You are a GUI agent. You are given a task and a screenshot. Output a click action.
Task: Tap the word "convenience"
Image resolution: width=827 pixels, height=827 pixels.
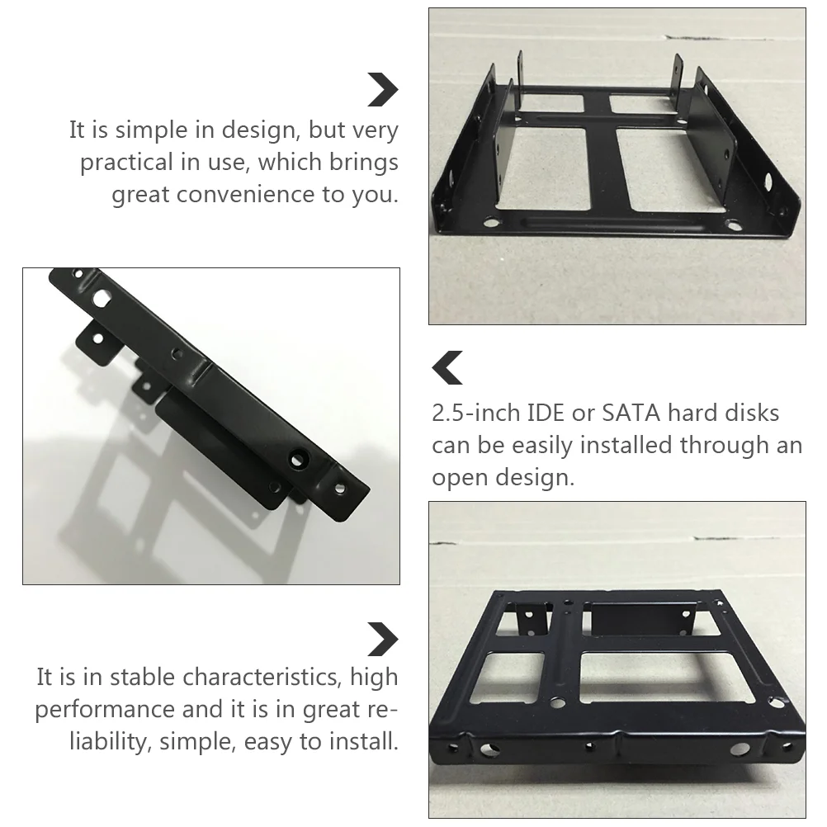246,194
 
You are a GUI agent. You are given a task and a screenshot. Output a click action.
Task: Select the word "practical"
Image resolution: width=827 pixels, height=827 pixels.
126,163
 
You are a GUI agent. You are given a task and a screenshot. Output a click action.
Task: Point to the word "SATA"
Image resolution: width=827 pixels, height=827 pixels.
631,413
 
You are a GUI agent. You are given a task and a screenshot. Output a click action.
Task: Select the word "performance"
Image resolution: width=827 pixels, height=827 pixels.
105,711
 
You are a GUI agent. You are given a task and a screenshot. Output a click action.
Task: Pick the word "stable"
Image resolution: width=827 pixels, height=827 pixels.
142,678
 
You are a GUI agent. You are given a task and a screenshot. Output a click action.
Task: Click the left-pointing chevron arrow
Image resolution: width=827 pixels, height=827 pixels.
447,367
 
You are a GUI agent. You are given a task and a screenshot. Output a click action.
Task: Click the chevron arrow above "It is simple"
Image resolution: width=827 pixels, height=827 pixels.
383,90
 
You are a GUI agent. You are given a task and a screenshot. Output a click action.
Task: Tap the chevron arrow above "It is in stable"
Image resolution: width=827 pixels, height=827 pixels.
383,640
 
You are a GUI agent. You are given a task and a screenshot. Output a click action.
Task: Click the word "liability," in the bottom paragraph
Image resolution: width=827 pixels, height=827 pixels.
111,742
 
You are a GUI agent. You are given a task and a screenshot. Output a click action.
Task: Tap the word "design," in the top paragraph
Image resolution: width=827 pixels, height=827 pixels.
261,130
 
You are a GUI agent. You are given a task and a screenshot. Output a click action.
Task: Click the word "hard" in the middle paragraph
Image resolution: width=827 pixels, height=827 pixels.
692,413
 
